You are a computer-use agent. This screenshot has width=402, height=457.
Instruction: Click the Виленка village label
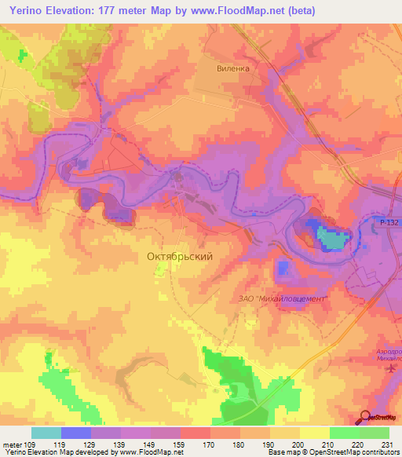pos(233,68)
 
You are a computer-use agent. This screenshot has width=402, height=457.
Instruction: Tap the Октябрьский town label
pos(180,256)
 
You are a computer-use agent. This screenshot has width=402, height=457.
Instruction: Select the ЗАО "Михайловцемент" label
pos(282,298)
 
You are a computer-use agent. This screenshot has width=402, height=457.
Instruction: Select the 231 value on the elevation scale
pos(389,444)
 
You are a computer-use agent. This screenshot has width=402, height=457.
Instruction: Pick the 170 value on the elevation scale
pos(195,444)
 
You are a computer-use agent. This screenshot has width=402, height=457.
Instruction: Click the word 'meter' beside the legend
pos(13,444)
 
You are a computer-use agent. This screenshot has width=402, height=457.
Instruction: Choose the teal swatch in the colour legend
pos(46,433)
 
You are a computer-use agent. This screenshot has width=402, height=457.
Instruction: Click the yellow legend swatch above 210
pos(314,433)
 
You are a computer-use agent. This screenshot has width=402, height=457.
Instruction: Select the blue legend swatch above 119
pos(76,433)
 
